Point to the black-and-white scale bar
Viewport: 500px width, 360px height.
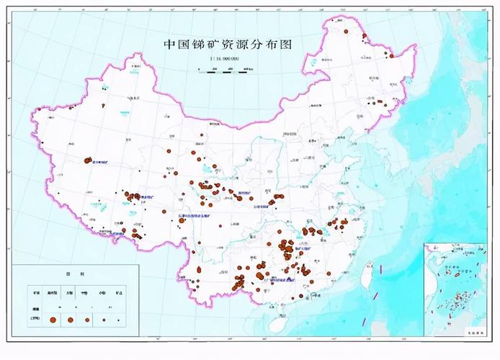tap(227, 69)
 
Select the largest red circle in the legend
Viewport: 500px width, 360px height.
tap(53, 319)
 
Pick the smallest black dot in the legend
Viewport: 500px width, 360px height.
tap(118, 319)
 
